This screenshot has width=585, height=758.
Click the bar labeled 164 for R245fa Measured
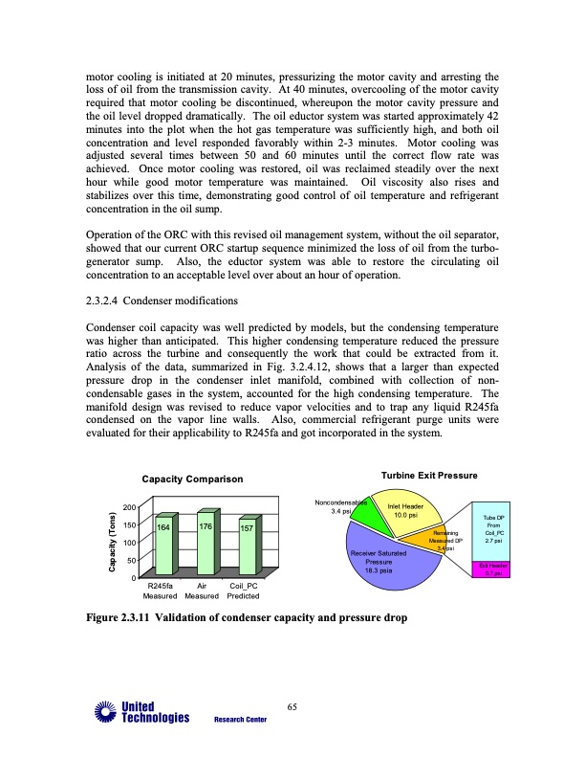point(164,546)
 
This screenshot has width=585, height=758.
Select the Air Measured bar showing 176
point(205,545)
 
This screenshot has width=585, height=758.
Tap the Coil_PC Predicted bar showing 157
point(245,547)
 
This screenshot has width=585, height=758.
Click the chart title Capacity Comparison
point(192,479)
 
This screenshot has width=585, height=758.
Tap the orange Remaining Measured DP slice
point(444,541)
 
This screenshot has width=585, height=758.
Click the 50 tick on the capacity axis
point(129,559)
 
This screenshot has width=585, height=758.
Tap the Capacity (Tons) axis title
point(111,542)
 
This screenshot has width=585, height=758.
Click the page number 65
point(292,706)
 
